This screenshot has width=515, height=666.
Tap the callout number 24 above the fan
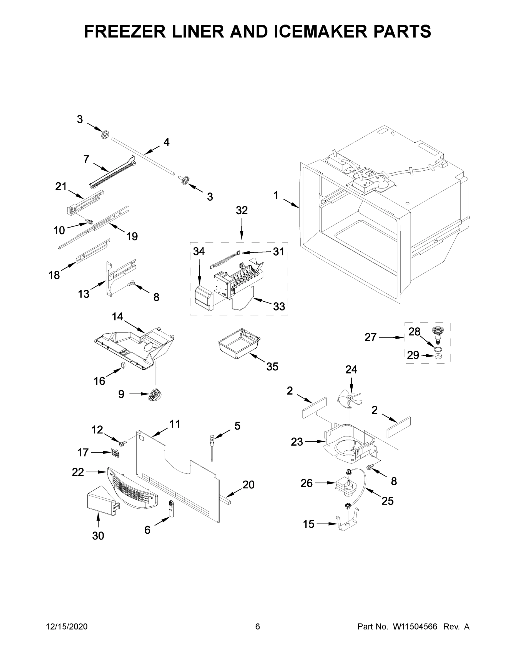pos(351,370)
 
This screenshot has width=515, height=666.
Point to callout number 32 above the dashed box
pos(242,210)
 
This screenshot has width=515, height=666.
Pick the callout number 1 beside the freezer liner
pos(276,195)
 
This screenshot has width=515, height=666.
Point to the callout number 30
pos(98,536)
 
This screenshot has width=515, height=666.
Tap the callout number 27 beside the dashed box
pos(370,337)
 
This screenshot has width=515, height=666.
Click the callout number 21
pos(61,186)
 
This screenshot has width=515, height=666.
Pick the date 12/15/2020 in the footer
pos(67,627)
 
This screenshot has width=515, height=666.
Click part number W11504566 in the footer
pos(415,627)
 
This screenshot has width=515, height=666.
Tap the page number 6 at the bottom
pos(258,627)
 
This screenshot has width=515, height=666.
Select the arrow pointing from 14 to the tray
pos(134,326)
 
